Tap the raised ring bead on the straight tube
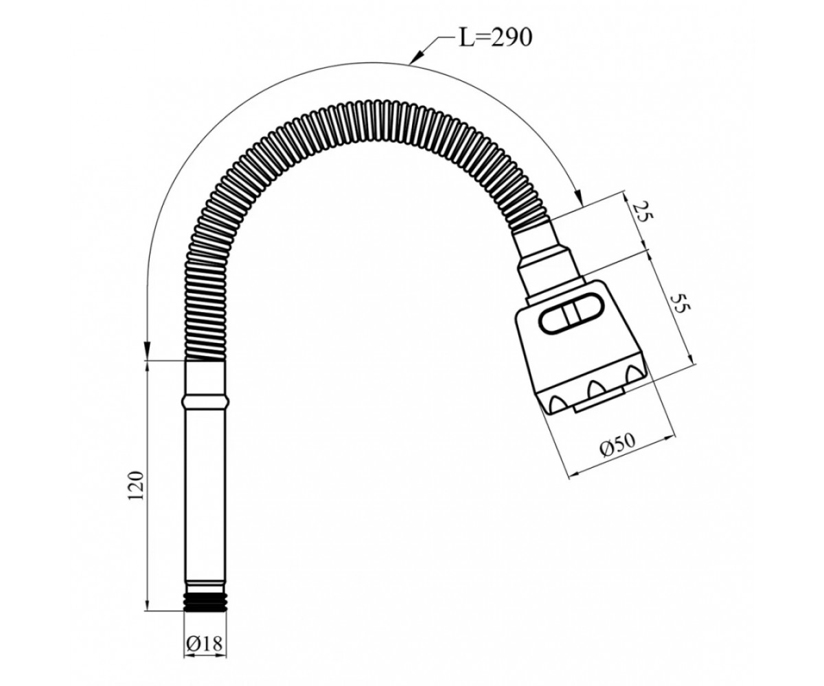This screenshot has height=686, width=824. tap(205, 402)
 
